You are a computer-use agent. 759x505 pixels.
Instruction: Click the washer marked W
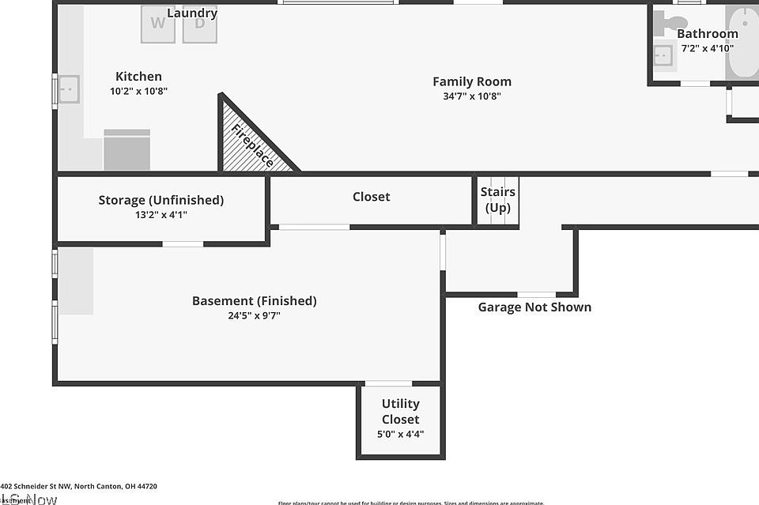coord(158,24)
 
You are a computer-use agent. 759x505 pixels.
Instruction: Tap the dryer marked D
coord(199,24)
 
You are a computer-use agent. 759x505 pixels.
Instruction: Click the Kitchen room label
coord(138,77)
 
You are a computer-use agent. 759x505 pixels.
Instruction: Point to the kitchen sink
coord(69,89)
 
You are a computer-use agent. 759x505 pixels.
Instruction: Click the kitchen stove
coord(126,150)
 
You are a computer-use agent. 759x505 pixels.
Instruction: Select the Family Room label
coord(471,81)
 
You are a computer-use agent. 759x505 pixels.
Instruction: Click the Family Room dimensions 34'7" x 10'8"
coord(471,96)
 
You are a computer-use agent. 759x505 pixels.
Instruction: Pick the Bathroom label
coord(707,34)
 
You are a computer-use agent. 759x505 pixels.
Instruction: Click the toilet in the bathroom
coord(673,23)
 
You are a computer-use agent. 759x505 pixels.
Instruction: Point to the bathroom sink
coord(663,55)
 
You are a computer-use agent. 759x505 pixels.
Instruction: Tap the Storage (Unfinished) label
coord(160,200)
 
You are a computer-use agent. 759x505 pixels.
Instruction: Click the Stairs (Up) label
coord(497,200)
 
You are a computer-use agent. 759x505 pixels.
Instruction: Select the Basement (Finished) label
coord(254,300)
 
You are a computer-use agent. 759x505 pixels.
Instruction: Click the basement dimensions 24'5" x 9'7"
coord(254,315)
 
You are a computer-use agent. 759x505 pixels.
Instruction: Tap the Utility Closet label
coord(400,411)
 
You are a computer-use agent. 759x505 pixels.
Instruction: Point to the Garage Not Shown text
coord(534,307)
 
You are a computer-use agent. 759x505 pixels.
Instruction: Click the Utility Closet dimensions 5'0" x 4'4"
coord(400,433)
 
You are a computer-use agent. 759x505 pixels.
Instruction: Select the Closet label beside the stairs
coord(371,197)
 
